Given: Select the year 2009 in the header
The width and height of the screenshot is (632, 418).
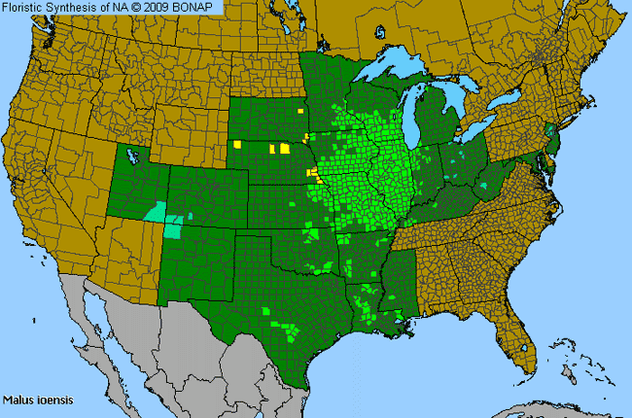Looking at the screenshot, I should (169, 8).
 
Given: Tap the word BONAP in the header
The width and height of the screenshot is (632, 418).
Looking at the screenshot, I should (205, 8).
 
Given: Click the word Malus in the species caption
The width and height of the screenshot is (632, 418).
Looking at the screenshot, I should (18, 400).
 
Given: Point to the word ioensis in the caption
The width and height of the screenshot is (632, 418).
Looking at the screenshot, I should (53, 400).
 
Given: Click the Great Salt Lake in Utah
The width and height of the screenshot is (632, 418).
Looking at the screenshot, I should (133, 157).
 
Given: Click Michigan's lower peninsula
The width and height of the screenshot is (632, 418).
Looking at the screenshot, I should (442, 122).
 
